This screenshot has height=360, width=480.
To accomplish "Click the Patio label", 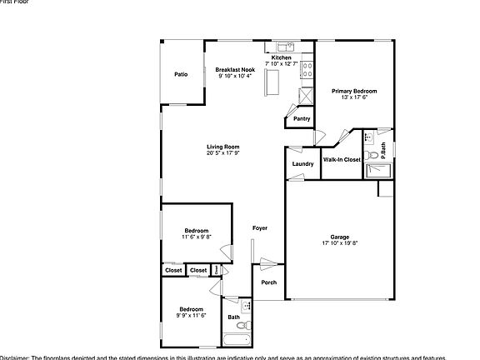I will pos(181,75).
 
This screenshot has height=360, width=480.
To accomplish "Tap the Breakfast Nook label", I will pos(234,70).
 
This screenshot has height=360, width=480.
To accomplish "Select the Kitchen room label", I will pos(281,57).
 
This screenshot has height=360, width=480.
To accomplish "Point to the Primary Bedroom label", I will pos(354,91).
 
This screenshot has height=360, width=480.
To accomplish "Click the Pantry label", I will pos(302,118).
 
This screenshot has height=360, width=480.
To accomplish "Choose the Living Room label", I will pos(223,147).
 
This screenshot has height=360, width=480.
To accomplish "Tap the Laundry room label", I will pos(303,163).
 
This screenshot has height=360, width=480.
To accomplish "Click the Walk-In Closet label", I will pos(342,158).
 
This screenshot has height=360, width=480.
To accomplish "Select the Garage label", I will pos(338,237).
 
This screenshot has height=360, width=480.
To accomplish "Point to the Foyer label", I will pos(260,227).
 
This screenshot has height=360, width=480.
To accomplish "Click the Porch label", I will pos(268,282).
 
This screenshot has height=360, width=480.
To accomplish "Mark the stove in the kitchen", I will pos(307,70).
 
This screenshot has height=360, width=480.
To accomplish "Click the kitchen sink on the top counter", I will pos(283,45).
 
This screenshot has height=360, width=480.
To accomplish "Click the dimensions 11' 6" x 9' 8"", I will pos(197,237).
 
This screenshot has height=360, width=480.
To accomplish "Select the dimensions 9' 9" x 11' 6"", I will pos(191,316).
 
